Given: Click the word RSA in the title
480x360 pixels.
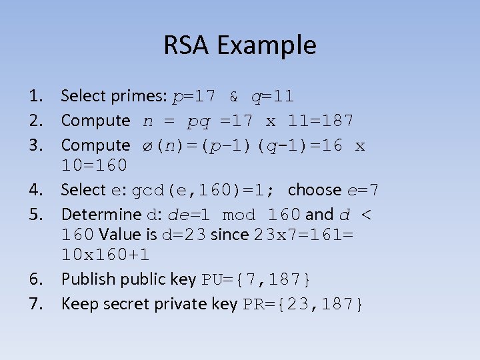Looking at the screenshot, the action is (187, 46).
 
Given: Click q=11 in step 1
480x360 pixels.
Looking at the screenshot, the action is (272, 97).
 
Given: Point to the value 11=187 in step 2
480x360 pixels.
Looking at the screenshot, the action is (321, 121).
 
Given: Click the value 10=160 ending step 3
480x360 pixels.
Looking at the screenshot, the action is (94, 165).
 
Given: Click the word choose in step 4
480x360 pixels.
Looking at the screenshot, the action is (315, 190).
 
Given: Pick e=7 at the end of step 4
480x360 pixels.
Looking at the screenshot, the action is (363, 190).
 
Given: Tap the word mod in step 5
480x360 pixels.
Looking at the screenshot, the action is (238, 215).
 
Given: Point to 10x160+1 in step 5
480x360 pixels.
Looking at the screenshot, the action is (105, 255).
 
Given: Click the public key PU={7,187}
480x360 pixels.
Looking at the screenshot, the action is (257, 279).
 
